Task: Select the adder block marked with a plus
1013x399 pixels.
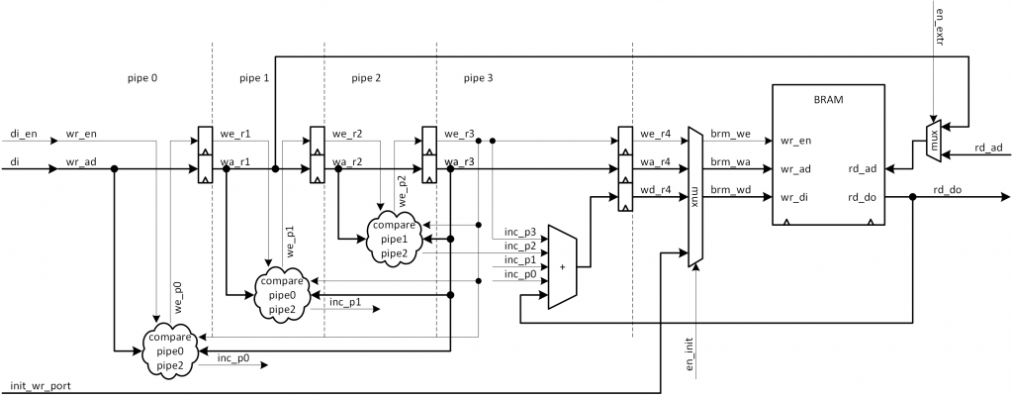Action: point(562,267)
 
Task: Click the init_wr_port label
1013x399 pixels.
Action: point(40,384)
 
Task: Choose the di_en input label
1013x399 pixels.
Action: point(24,132)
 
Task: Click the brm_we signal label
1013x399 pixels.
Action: point(727,133)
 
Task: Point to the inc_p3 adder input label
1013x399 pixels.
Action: point(519,232)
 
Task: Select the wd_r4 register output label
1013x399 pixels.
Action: point(657,188)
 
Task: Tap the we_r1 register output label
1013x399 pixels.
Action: point(236,133)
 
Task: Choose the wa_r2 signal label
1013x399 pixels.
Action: point(347,160)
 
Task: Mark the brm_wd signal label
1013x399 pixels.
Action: point(727,188)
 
